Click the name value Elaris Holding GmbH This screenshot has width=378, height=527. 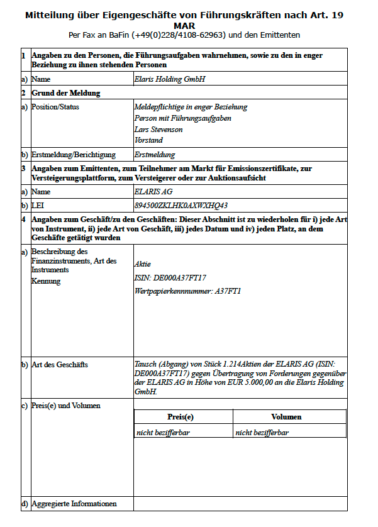[x=170, y=80]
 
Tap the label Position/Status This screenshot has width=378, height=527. [x=55, y=107]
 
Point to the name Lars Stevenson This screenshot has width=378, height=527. [x=158, y=130]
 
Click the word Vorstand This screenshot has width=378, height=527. [x=148, y=140]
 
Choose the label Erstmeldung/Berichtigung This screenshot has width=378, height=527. [x=74, y=155]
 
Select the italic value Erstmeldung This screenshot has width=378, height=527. [x=155, y=155]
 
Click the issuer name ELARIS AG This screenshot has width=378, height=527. [x=153, y=192]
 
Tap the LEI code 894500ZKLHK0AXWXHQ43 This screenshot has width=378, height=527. [x=181, y=205]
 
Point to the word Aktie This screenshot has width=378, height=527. [x=143, y=264]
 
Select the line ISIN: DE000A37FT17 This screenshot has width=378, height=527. [x=170, y=277]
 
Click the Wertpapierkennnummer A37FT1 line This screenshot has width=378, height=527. [x=187, y=291]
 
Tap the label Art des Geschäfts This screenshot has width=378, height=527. [x=60, y=365]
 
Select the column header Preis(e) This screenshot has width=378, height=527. [x=181, y=417]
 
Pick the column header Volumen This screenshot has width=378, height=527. [x=286, y=417]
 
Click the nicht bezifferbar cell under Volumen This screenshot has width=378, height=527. [x=262, y=433]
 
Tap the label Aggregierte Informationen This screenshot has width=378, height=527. [x=74, y=504]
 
